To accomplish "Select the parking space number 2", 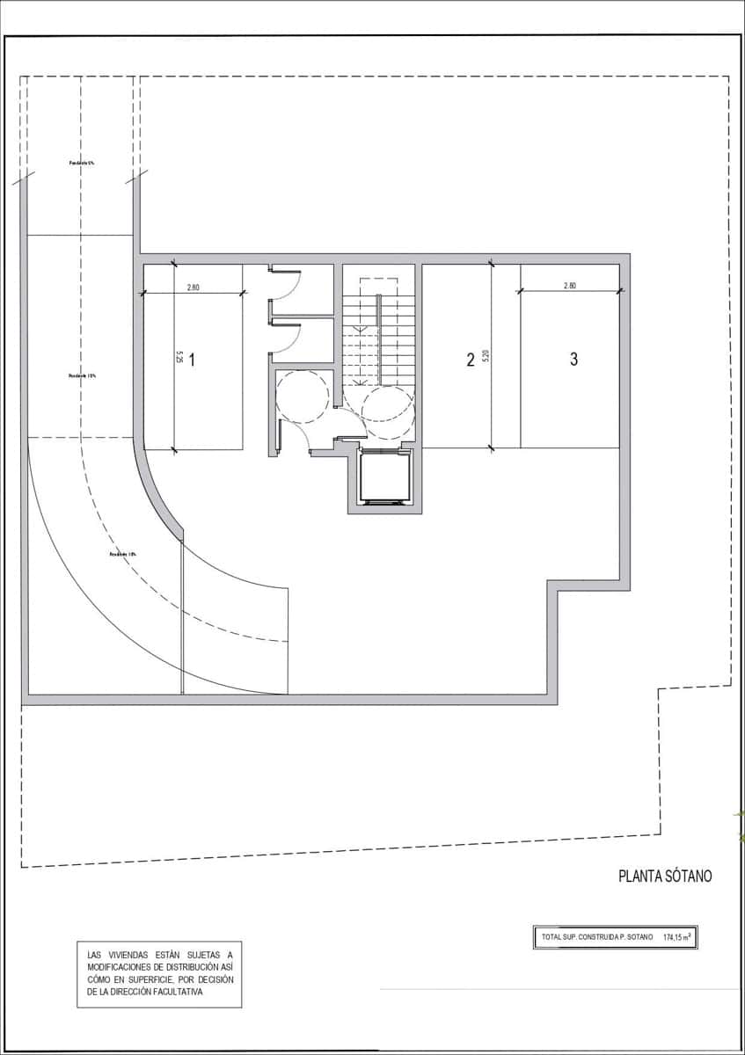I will (470, 359).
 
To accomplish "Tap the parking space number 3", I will (573, 359).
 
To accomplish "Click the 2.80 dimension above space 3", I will (569, 286).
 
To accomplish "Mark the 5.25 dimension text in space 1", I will (179, 359).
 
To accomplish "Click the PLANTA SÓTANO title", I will (665, 876).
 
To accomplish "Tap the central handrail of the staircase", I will (379, 338).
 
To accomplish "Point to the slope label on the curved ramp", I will (122, 554).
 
